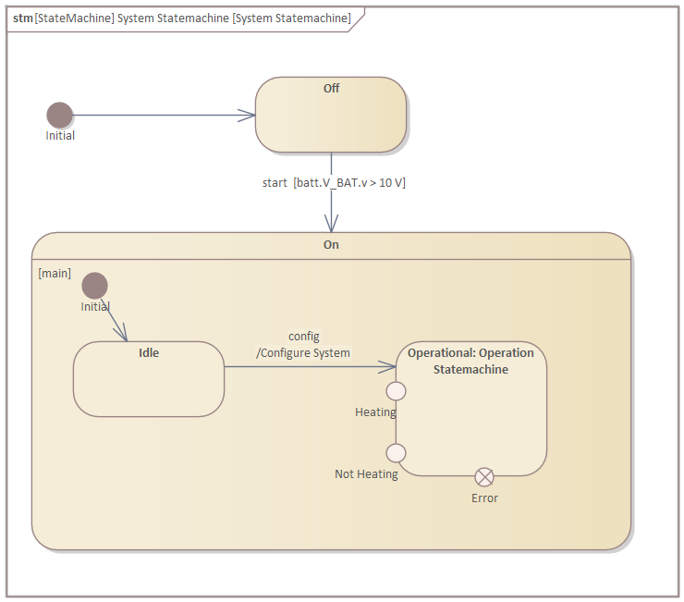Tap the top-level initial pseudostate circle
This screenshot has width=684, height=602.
click(x=60, y=115)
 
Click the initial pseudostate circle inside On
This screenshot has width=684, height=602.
click(x=94, y=286)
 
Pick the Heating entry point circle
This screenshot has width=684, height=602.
click(x=396, y=390)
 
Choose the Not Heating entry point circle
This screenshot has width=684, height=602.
click(x=396, y=452)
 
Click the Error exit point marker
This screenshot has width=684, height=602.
click(x=484, y=476)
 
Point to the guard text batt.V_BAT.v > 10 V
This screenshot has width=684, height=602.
click(x=349, y=183)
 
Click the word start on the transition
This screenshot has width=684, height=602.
click(x=275, y=183)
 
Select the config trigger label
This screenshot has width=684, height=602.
click(x=304, y=336)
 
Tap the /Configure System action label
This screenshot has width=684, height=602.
click(x=303, y=352)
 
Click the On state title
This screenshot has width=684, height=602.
click(x=331, y=245)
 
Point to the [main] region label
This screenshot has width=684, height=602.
click(x=55, y=273)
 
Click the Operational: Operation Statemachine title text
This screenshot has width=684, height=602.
click(x=470, y=361)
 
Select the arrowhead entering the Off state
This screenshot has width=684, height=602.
click(x=248, y=115)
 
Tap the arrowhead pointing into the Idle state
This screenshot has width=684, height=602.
click(x=121, y=333)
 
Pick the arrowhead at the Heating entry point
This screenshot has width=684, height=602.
click(x=388, y=367)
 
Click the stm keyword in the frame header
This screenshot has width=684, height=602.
click(x=22, y=18)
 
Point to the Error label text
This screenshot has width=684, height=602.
click(x=484, y=498)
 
